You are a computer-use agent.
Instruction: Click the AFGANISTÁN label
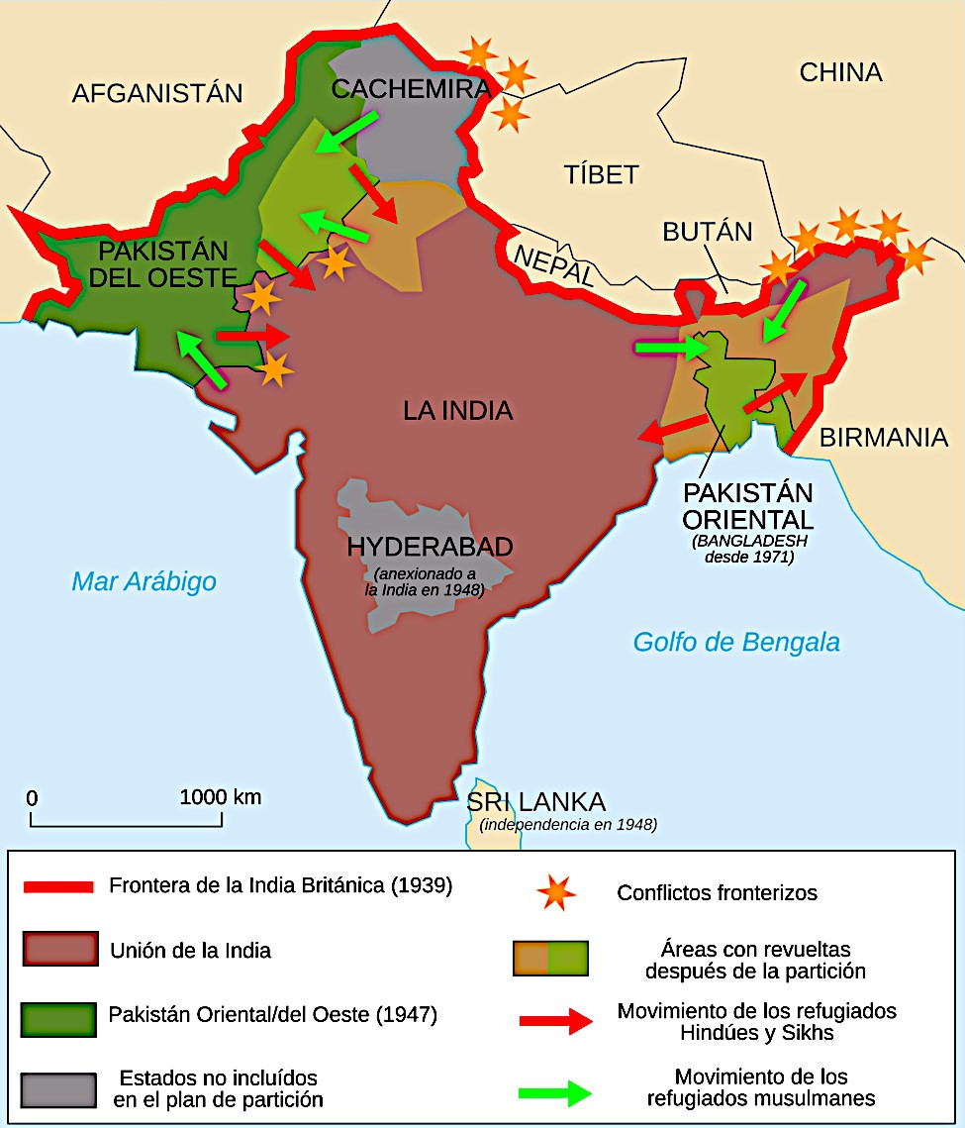(157, 93)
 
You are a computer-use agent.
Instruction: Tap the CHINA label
(840, 72)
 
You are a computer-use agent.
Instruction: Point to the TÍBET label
(601, 174)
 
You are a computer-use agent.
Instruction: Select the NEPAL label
(553, 263)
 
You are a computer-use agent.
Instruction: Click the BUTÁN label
(707, 232)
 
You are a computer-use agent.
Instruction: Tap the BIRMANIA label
(883, 437)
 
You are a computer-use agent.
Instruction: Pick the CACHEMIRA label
(411, 89)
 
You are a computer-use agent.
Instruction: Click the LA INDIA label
(457, 409)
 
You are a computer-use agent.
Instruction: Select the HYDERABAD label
(430, 547)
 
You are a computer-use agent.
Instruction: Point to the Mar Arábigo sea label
(144, 581)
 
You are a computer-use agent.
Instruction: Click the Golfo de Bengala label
(736, 642)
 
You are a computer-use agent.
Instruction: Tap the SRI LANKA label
(535, 802)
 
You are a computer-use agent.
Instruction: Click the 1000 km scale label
(221, 796)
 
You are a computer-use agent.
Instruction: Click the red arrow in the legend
(553, 1022)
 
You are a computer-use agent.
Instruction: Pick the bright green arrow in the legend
(553, 1092)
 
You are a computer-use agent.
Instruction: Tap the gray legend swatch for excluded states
(58, 1089)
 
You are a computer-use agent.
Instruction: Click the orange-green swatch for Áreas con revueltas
(550, 959)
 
